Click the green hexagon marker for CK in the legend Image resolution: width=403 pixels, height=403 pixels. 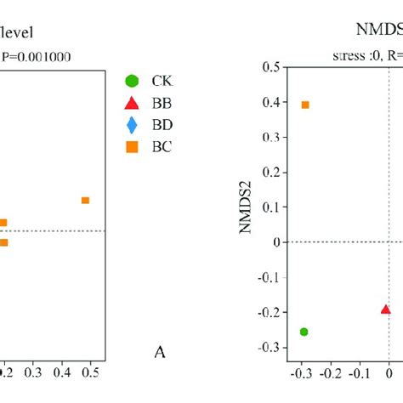[131, 81]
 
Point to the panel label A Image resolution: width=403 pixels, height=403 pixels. [158, 353]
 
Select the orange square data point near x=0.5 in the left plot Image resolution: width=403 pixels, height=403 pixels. [85, 201]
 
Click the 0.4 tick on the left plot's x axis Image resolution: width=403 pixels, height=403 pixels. [62, 372]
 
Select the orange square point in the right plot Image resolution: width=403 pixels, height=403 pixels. [305, 105]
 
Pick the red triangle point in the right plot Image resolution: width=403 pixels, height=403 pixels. [385, 310]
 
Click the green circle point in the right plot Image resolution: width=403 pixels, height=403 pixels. [304, 332]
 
